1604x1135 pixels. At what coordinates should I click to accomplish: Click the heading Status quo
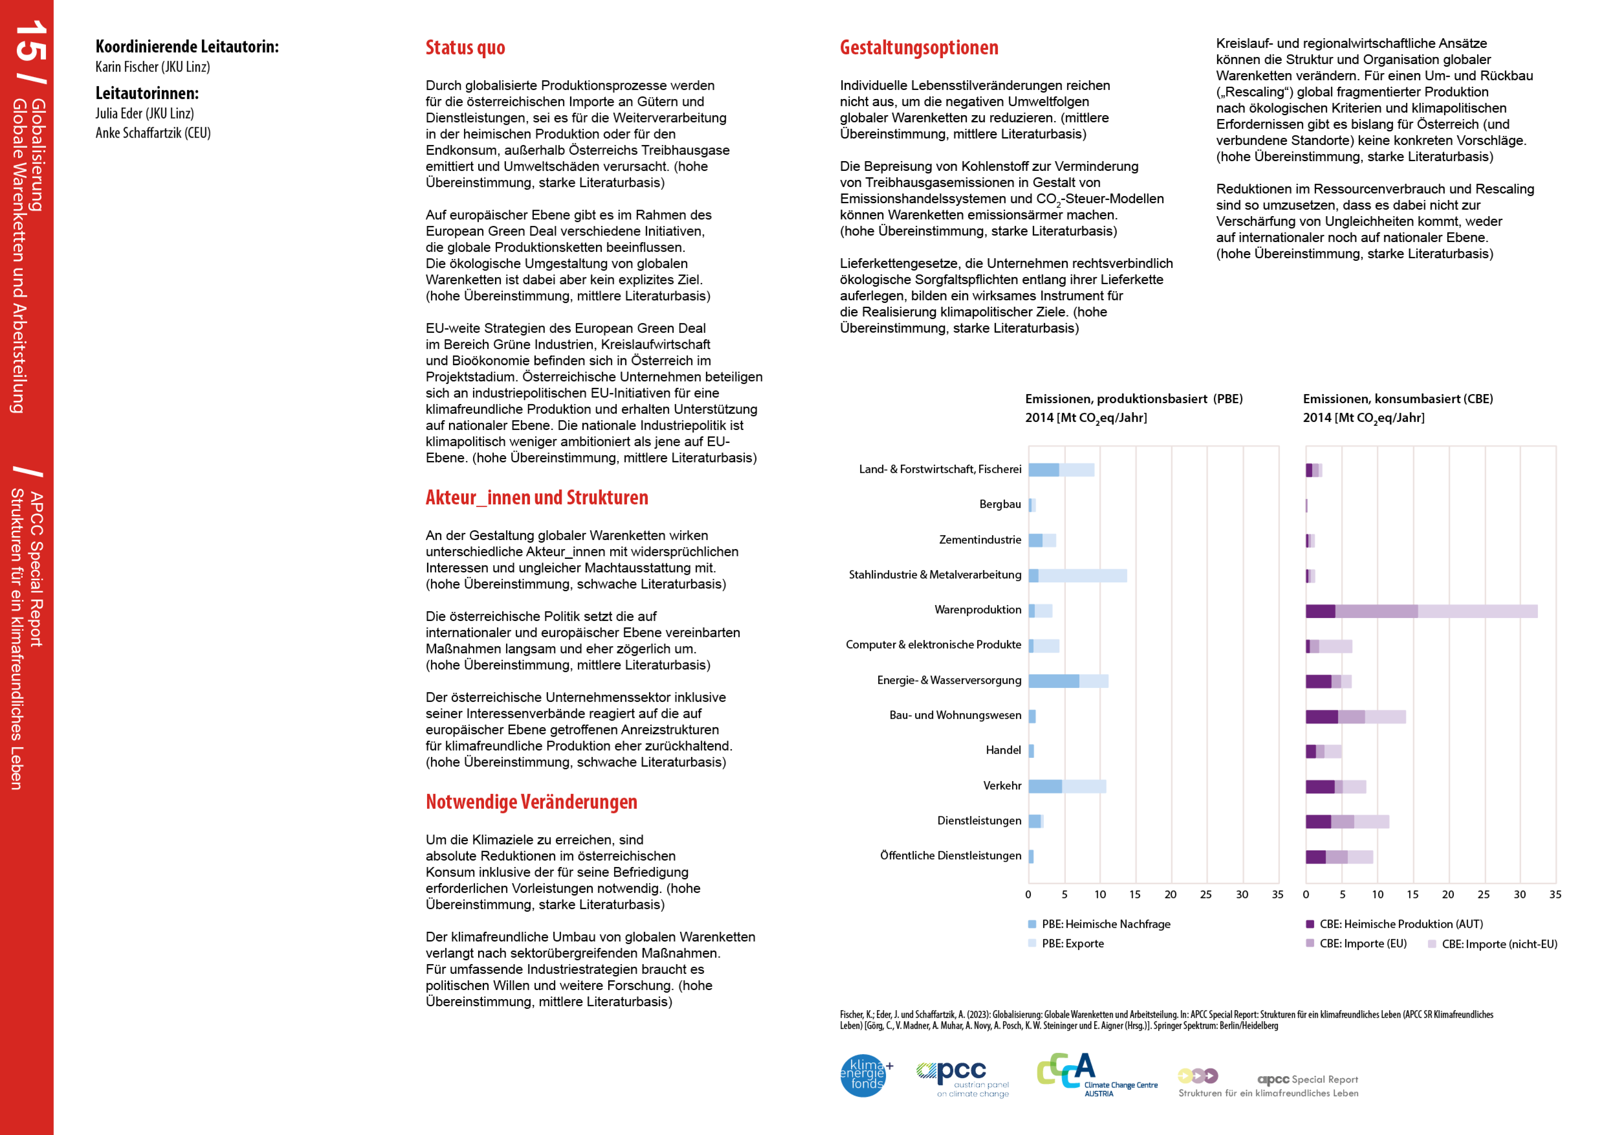click(x=465, y=48)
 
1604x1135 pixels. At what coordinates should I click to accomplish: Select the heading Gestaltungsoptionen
click(x=919, y=48)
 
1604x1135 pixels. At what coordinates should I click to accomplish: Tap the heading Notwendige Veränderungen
click(x=531, y=802)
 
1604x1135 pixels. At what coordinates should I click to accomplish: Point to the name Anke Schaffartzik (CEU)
click(x=153, y=133)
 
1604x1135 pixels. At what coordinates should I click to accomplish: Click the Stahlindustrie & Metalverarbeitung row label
click(x=935, y=575)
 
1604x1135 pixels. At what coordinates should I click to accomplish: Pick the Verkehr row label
click(x=1002, y=786)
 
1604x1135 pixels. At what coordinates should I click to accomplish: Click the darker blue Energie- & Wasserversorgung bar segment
click(x=1053, y=681)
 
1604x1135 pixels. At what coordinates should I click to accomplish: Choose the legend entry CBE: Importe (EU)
click(x=1362, y=943)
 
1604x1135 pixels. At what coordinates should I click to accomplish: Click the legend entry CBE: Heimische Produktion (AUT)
click(x=1401, y=924)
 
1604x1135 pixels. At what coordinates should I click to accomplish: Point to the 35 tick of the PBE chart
click(x=1277, y=895)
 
